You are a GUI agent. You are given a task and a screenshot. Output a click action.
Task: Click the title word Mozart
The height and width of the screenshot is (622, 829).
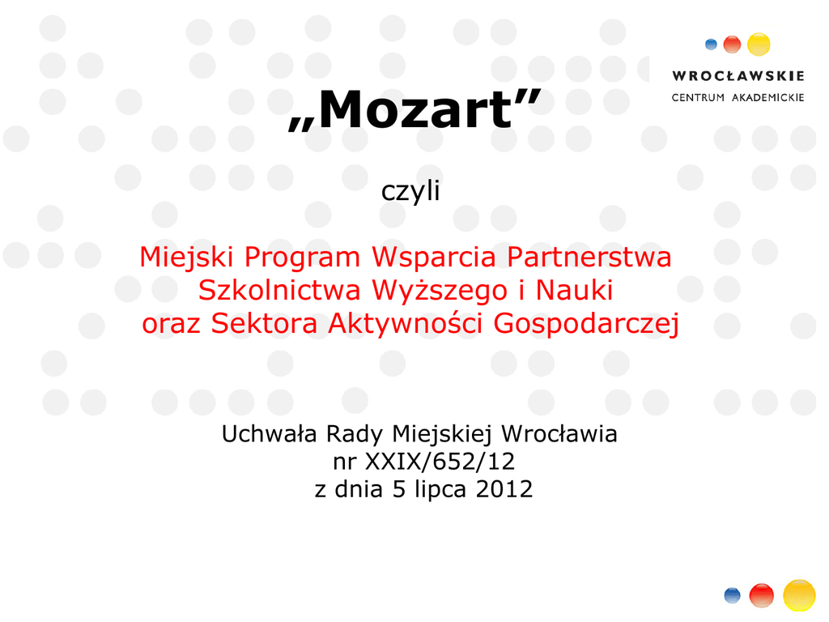point(415,109)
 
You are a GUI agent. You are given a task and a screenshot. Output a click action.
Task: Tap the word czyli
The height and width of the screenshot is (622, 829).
point(410,191)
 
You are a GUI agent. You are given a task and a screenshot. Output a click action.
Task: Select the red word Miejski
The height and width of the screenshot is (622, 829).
point(186,258)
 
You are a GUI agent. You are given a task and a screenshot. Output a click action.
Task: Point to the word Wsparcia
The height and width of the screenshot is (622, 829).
point(434,258)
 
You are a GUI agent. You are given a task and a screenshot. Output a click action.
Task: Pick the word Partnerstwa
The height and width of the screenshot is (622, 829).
point(589,257)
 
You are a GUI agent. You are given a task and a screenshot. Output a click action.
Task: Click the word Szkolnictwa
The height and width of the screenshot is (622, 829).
point(279,290)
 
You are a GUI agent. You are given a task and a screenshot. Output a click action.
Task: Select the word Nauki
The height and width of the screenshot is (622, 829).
point(574,290)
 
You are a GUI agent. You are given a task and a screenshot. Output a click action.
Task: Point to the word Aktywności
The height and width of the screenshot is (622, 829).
point(405,323)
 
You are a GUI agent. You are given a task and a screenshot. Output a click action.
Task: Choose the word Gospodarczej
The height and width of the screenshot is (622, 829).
point(586,324)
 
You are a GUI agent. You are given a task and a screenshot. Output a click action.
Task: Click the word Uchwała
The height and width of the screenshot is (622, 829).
point(269,434)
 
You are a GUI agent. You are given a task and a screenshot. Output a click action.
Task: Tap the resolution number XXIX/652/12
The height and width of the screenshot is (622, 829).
point(440,462)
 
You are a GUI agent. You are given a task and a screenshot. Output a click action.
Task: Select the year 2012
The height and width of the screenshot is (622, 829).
point(504,489)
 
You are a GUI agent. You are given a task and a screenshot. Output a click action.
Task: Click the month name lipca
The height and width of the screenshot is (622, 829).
point(440,490)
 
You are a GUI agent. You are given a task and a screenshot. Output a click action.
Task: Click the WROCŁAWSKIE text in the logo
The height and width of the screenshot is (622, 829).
point(738,76)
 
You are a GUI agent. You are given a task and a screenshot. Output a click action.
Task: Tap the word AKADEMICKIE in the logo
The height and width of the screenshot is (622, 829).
point(767,98)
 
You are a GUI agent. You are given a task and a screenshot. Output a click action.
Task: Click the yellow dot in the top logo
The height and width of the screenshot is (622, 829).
point(759,45)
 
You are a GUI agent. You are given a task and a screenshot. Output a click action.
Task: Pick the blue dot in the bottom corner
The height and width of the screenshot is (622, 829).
point(732,595)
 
